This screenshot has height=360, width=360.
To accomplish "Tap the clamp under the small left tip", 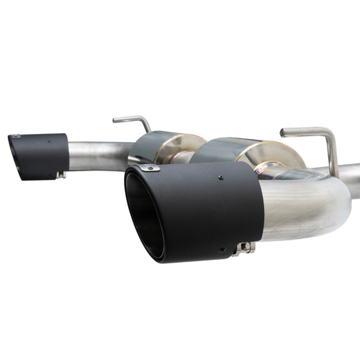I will [x=61, y=174].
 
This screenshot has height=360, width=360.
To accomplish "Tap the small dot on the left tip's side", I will [x=49, y=142].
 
